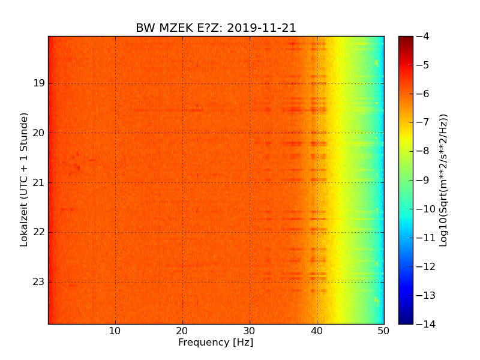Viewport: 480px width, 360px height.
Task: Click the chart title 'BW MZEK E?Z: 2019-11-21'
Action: [x=216, y=28]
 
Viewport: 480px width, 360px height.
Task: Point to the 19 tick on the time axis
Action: [x=39, y=83]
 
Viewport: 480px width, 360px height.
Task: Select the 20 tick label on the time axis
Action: [x=39, y=133]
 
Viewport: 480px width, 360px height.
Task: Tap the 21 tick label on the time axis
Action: [x=39, y=182]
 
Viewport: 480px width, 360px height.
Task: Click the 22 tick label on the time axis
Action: [x=39, y=232]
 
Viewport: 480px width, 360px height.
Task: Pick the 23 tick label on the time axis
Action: [x=39, y=282]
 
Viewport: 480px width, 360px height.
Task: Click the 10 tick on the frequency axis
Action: [x=115, y=331]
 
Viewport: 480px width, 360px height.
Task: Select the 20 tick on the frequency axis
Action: [x=182, y=331]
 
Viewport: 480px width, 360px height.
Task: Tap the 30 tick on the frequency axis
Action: [x=250, y=331]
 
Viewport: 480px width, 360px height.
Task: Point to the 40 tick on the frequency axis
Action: [x=317, y=331]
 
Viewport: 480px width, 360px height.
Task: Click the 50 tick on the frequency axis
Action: [x=384, y=331]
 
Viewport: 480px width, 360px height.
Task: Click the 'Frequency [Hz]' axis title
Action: [x=216, y=343]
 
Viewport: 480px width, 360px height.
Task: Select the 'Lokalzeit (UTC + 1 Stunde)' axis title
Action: [x=25, y=179]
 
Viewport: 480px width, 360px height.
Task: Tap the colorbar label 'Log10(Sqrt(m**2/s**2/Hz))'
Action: [x=444, y=180]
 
